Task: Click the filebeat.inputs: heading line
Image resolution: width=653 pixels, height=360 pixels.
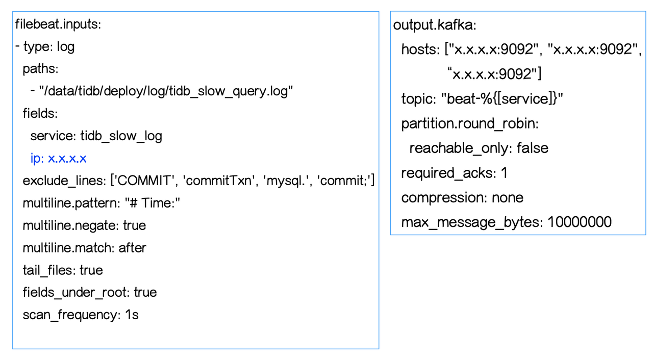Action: (x=58, y=24)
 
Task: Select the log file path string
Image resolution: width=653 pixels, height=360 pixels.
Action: (x=166, y=91)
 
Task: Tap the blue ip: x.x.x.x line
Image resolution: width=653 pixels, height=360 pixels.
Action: (x=58, y=158)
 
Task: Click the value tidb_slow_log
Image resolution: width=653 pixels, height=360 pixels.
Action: (x=121, y=136)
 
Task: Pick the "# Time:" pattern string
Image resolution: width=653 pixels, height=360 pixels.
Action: (x=153, y=203)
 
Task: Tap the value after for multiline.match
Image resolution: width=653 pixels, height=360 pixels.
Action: (x=132, y=248)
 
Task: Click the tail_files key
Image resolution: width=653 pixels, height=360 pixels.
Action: (x=48, y=270)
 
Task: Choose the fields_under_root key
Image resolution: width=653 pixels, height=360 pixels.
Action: (x=76, y=292)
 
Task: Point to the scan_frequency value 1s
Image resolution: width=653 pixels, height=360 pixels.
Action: (x=132, y=315)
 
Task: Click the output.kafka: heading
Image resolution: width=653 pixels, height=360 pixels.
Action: (x=435, y=25)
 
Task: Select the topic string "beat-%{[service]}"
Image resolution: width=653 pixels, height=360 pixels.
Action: (x=503, y=99)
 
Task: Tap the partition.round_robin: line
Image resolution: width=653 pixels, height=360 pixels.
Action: (x=470, y=123)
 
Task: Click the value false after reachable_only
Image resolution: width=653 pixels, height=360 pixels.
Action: (x=532, y=148)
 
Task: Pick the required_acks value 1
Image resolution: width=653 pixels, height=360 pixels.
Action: (x=504, y=173)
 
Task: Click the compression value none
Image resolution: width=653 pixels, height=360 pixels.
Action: (x=508, y=197)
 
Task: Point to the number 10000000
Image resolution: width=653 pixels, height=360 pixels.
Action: (x=580, y=222)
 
